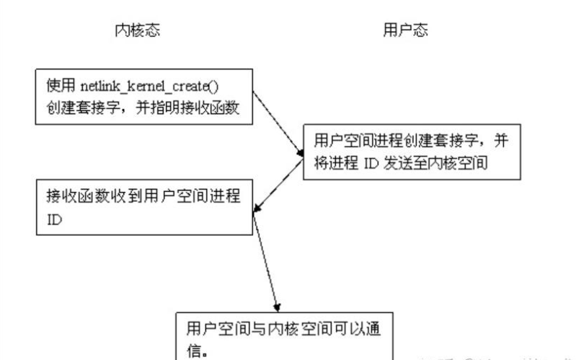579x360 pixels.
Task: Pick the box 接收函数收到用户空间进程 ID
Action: click(x=145, y=208)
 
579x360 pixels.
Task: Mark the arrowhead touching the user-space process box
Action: click(x=301, y=154)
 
